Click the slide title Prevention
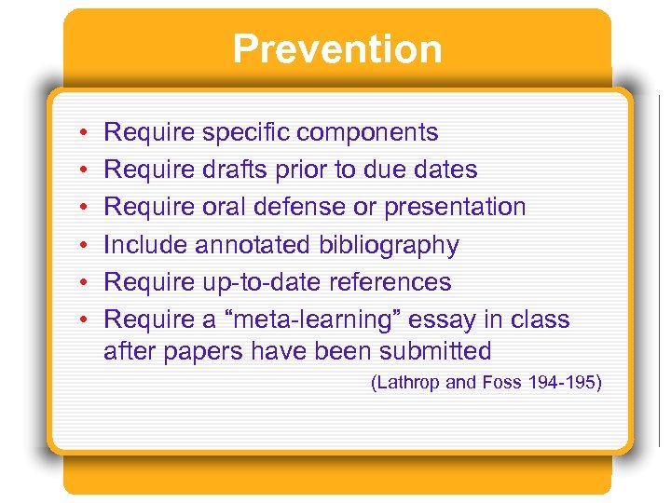coord(336,48)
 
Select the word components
coord(371,133)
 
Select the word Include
coord(142,245)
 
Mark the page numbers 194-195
coord(562,382)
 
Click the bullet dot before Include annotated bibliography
coord(84,246)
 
